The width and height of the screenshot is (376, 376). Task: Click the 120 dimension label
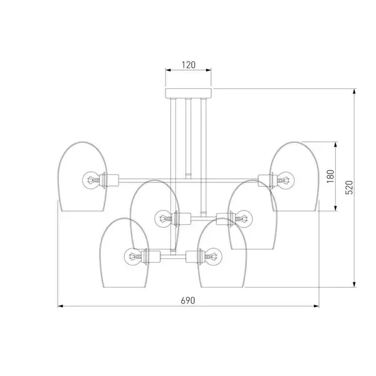189,65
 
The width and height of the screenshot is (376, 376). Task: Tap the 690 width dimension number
188,300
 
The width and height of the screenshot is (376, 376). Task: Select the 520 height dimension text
349,187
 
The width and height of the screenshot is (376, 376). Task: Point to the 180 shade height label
330,176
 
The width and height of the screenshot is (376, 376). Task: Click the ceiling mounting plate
189,93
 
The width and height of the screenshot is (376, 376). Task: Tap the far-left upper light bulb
91,180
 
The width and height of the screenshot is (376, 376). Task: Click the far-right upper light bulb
286,180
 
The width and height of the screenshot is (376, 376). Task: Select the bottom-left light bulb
133,256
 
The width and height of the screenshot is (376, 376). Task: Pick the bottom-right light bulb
214,256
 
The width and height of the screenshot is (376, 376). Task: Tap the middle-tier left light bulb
163,219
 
